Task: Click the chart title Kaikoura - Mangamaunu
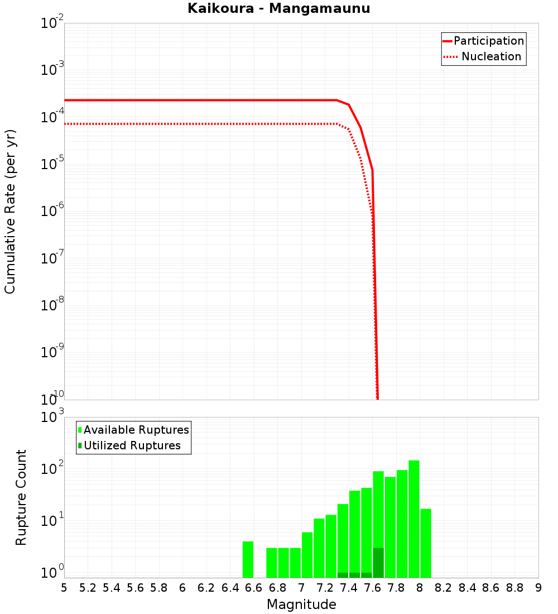coord(278,8)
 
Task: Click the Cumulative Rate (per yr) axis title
coord(10,211)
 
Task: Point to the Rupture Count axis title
coord(21,497)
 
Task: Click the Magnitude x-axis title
coord(301,605)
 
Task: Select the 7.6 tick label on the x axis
coord(372,588)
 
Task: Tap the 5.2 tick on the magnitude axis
coord(88,588)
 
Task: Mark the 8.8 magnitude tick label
coord(514,588)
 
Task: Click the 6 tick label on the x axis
coord(182,588)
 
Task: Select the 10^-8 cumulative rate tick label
coord(53,305)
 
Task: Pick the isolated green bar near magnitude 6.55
coord(248,559)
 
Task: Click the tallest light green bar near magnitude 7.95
coord(413,519)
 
